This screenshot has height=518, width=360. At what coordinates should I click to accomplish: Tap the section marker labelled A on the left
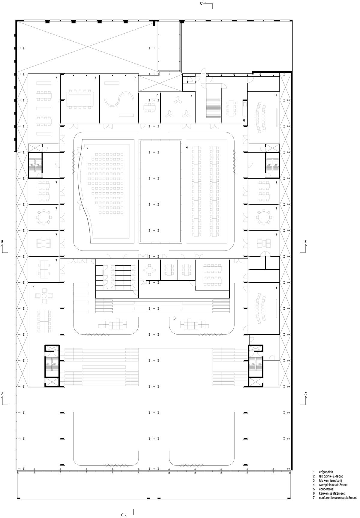[4, 399]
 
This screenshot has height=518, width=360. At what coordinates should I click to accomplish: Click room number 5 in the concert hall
[87, 147]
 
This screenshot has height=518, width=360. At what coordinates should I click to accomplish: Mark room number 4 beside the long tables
[187, 147]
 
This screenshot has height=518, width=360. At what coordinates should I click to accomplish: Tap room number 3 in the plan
[175, 318]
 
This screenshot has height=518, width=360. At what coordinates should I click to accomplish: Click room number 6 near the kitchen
[244, 120]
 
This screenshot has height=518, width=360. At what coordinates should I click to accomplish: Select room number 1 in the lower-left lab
[34, 287]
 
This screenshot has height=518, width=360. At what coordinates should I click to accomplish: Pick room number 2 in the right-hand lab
[276, 287]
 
